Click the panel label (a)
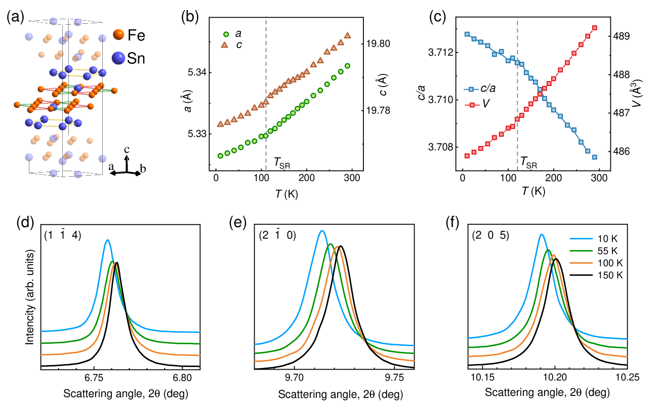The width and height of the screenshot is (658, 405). coord(15,17)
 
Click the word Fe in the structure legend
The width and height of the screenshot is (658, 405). coord(136,35)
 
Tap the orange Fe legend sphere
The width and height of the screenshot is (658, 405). coord(118,34)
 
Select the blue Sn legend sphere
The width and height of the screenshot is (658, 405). coord(118,58)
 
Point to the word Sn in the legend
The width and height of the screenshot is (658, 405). coord(136,58)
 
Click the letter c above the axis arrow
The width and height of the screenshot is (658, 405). coord(127,149)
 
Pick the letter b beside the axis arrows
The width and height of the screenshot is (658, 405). coord(143,169)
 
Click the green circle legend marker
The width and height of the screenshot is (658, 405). coord(226,34)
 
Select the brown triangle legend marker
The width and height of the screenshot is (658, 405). coord(225,45)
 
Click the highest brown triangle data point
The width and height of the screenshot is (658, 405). coord(347,35)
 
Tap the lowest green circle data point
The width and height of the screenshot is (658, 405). coord(220,155)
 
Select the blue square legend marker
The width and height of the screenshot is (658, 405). coord(471,89)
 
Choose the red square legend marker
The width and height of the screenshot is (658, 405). coord(472,105)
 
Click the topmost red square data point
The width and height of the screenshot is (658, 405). coord(595,28)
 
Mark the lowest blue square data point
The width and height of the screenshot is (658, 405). coord(595,157)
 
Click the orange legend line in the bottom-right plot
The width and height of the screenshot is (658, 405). coord(581,263)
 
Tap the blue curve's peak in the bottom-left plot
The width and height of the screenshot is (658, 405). coord(107,240)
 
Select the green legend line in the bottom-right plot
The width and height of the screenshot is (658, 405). coord(581,251)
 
